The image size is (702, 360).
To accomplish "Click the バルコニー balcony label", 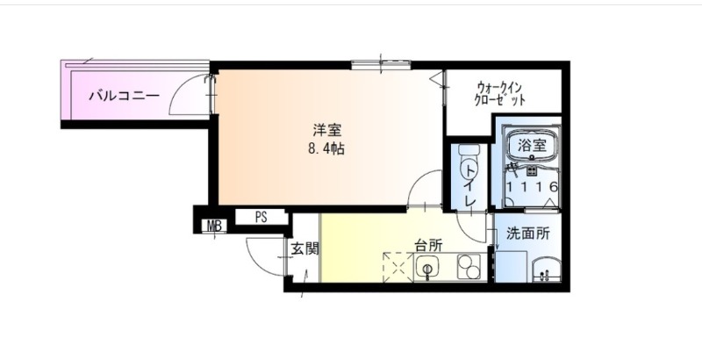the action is (124, 96).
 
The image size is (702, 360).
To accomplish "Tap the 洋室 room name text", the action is (326, 130).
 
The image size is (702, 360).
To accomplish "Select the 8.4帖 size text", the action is (326, 148).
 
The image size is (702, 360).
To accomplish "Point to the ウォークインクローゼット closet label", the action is (499, 93).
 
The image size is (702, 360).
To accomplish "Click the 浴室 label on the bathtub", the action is (532, 145).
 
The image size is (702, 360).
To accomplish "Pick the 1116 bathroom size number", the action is (532, 187).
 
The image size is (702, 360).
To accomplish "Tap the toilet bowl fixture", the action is (469, 162).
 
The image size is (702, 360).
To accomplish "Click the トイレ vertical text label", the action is (469, 184).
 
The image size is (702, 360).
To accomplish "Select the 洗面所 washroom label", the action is (528, 234).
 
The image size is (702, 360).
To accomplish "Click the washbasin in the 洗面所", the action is (546, 270).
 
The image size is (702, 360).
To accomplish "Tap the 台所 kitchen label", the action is (428, 245).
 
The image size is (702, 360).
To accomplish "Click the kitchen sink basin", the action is (427, 268).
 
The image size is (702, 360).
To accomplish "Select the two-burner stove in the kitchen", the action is (469, 266).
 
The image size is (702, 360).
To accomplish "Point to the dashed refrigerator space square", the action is (398, 267).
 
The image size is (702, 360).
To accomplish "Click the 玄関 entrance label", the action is (304, 249).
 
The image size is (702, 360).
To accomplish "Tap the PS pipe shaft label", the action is (261, 218).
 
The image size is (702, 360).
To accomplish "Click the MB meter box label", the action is (214, 227).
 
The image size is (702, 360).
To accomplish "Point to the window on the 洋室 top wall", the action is (381, 65).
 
